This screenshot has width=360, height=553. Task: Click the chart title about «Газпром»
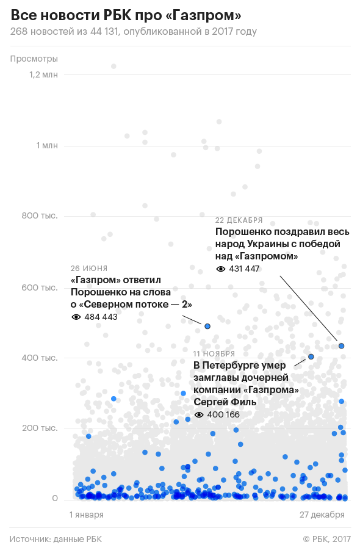point(126,15)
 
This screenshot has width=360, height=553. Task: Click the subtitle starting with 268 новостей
point(133,31)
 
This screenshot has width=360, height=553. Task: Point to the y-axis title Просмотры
point(34,59)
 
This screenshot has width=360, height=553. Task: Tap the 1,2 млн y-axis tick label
point(43,74)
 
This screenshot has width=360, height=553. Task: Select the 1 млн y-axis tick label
point(47,145)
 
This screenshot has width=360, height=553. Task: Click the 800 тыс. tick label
point(40,216)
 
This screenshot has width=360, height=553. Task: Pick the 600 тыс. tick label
point(40,287)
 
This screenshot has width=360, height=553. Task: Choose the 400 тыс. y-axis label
point(40,358)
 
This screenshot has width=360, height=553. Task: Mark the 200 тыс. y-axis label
point(40,428)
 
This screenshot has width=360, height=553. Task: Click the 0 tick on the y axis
point(55,498)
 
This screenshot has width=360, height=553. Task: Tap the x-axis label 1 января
point(87,515)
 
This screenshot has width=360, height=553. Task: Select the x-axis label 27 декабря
point(322,515)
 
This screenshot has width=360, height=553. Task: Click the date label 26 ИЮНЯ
point(89,269)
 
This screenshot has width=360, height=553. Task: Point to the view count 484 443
point(101,317)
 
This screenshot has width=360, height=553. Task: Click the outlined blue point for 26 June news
point(207,326)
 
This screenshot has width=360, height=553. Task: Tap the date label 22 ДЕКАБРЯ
point(239,220)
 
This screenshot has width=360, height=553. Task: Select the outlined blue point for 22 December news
point(341,346)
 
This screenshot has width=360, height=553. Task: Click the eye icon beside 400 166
point(199,415)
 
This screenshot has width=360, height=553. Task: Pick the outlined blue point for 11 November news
point(311,357)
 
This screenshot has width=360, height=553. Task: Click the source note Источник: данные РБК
point(56,539)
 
